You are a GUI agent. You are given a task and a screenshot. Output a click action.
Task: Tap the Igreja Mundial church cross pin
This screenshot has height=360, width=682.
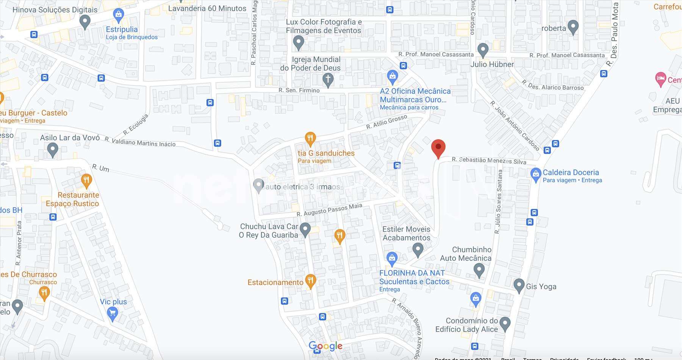coord(328,80)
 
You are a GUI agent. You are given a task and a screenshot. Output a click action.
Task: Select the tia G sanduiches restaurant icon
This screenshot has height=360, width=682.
coord(310,138)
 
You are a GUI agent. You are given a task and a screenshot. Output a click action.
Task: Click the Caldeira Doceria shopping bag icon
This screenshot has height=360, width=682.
coord(535,175)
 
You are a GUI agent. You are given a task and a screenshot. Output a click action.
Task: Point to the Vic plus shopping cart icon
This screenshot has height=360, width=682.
coord(112,313)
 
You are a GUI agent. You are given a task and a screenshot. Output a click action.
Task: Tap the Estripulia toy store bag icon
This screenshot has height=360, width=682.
coord(118,15)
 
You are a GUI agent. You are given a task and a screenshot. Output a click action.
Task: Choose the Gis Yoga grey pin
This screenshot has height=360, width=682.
coord(519,285)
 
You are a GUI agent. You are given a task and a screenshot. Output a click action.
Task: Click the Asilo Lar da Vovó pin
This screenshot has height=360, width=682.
coord(53,149)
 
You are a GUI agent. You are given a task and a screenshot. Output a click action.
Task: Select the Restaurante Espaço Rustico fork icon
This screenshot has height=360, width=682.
coord(86,180)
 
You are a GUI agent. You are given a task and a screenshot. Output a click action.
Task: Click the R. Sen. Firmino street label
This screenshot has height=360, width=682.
coord(299,90)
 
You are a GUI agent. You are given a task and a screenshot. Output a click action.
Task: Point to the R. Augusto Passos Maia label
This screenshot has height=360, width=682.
coord(329,210)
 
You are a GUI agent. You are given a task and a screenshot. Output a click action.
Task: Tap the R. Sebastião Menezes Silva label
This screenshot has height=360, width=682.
coord(489,161)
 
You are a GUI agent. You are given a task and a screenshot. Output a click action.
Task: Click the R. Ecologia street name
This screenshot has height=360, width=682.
coord(135,125)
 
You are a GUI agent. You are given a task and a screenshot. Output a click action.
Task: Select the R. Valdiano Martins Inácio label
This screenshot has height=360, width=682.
coord(140,142)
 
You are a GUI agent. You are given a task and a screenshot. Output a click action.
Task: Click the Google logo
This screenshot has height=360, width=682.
coord(325,346)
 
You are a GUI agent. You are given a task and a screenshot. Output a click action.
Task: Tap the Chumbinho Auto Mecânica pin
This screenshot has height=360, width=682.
coord(479,270)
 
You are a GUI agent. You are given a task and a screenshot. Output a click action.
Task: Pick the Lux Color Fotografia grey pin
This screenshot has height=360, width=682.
coord(299,42)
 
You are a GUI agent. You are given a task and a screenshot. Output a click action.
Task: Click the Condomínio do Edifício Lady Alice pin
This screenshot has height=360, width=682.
coord(505,324)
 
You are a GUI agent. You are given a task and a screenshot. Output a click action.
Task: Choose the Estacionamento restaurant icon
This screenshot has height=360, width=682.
coord(310,281)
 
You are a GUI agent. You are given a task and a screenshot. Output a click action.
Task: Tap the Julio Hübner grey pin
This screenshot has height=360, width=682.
coord(482,50)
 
